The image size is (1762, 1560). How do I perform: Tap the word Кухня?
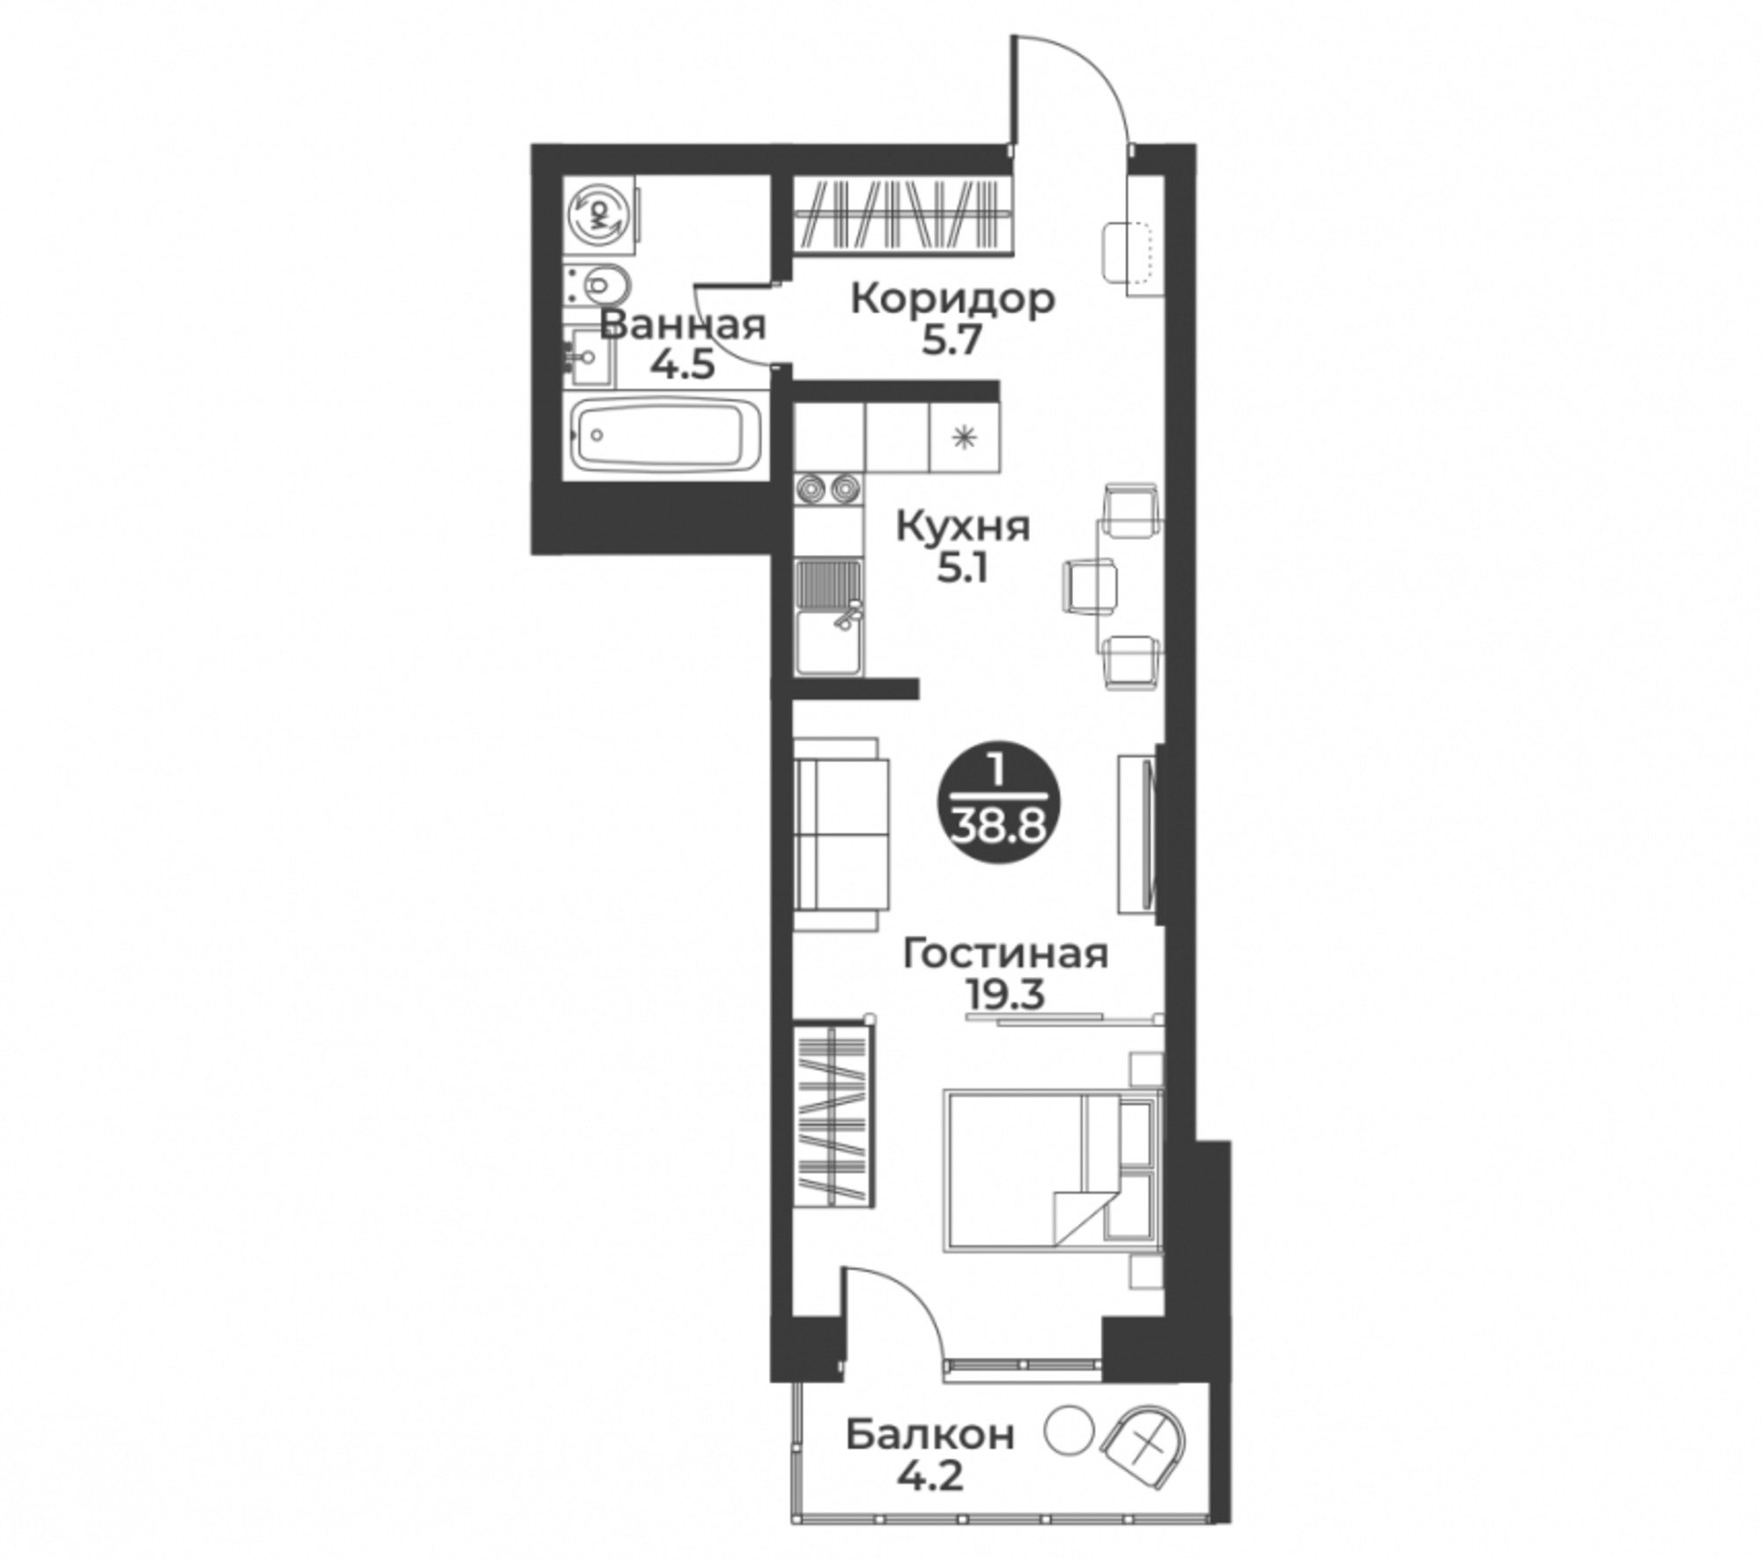(962, 527)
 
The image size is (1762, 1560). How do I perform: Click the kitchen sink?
(828, 617)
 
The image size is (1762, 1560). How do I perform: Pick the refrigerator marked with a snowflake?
(965, 436)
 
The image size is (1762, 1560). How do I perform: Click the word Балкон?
(930, 1435)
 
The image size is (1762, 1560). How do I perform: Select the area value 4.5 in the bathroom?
(682, 366)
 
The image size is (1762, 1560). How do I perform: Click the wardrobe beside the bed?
(833, 1114)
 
